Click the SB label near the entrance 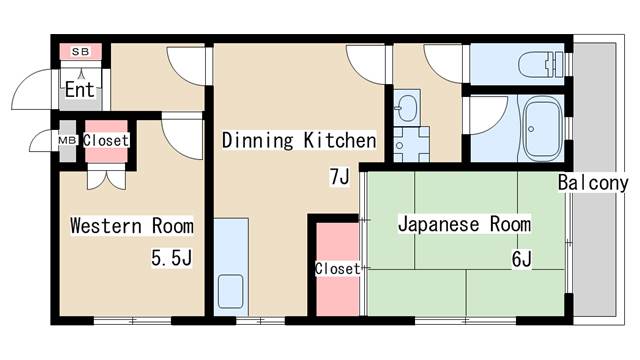pos(81,52)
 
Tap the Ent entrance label pos(80,89)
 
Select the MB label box pos(67,140)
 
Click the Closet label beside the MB pos(106,140)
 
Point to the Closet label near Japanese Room pos(338,269)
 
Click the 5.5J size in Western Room pos(171,258)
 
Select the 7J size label pos(340,177)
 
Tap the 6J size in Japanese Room pos(522,258)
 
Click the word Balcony pos(593,182)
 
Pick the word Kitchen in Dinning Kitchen pos(340,140)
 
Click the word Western pos(106,226)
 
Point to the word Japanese pos(439,224)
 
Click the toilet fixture pos(541,64)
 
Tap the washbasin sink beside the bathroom pos(407,108)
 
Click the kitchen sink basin pos(231,291)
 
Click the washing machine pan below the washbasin pos(411,144)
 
